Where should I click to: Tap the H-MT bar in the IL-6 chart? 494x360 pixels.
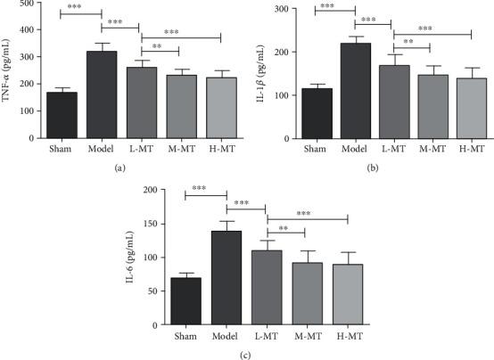tap(348, 298)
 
